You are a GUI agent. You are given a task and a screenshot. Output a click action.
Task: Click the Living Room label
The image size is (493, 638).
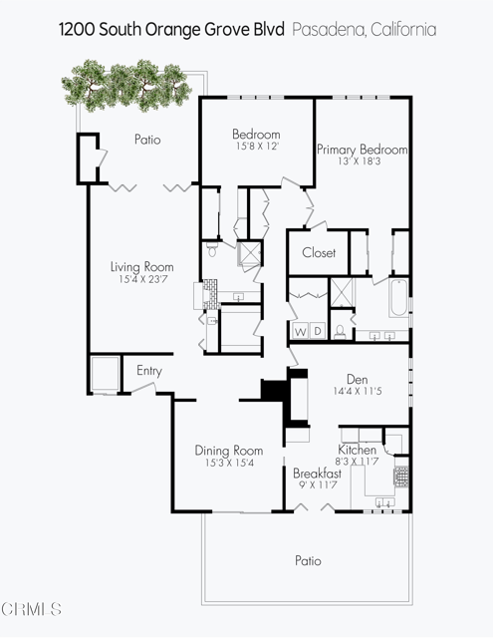click(x=141, y=267)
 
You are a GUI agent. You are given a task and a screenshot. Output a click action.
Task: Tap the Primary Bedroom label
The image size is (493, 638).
click(x=363, y=150)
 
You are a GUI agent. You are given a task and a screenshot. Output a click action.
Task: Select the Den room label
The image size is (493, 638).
click(x=358, y=378)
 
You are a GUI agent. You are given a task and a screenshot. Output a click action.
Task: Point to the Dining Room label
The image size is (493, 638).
click(x=228, y=451)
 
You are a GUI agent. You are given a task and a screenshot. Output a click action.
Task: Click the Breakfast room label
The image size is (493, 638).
click(x=317, y=474)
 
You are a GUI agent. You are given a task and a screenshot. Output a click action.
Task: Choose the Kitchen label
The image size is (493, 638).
click(x=358, y=450)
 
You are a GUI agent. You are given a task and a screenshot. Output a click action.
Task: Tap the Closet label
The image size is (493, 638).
click(x=319, y=253)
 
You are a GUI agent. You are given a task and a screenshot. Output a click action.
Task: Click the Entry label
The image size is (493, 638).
click(x=149, y=371)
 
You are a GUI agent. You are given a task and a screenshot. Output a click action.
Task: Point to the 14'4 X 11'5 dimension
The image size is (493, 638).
click(x=358, y=391)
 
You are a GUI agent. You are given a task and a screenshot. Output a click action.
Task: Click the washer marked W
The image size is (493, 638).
click(x=299, y=331)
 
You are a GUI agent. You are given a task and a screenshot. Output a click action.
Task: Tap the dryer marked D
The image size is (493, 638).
click(x=316, y=331)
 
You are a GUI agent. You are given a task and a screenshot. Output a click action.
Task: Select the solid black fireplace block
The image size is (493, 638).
click(x=273, y=388)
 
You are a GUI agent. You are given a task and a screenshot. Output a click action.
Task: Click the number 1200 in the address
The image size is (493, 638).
click(x=77, y=30)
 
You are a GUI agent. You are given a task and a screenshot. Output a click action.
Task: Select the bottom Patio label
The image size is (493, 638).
click(x=308, y=561)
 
